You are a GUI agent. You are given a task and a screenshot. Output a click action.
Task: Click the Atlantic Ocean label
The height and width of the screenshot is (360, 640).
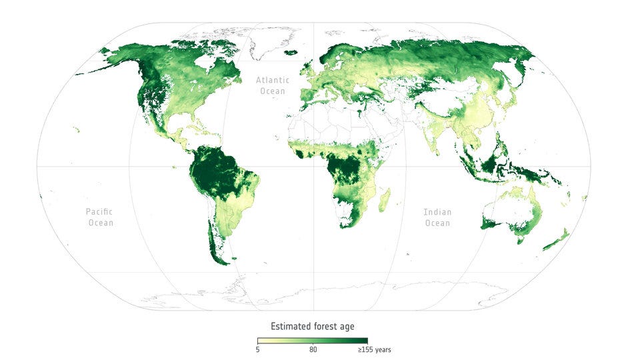point(271,85)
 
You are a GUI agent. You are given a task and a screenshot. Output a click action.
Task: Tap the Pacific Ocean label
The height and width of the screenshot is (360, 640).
point(101,217)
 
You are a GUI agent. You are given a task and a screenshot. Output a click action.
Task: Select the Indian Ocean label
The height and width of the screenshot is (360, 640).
point(437,217)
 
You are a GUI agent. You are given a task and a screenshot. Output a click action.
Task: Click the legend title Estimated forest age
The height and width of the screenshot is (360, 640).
point(312,326)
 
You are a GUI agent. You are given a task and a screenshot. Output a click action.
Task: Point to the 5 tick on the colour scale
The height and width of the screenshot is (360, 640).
point(258,349)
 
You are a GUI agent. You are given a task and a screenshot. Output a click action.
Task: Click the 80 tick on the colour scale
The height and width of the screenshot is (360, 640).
point(313,349)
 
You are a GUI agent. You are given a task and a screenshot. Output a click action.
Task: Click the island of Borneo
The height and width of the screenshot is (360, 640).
point(497,163)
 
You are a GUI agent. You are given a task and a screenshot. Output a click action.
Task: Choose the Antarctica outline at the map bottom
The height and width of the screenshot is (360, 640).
point(333,293)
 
